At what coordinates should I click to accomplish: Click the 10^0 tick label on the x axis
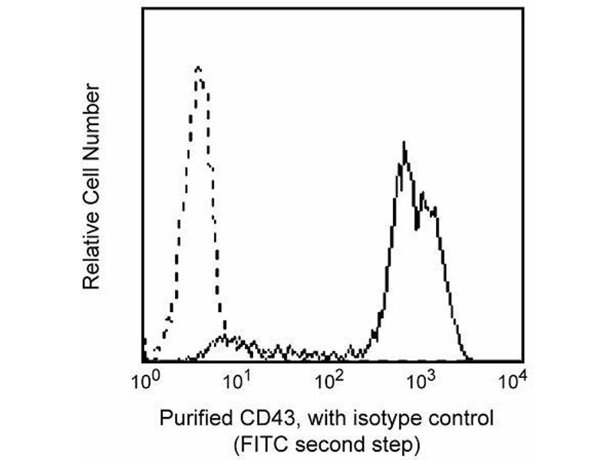145,379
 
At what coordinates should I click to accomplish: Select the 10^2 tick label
330,379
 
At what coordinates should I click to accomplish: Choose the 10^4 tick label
512,379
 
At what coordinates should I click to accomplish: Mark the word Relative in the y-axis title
91,257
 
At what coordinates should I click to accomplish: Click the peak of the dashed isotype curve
199,68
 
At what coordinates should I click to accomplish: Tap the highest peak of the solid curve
404,144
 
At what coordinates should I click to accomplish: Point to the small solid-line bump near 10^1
224,337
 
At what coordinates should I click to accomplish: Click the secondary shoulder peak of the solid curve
433,209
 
